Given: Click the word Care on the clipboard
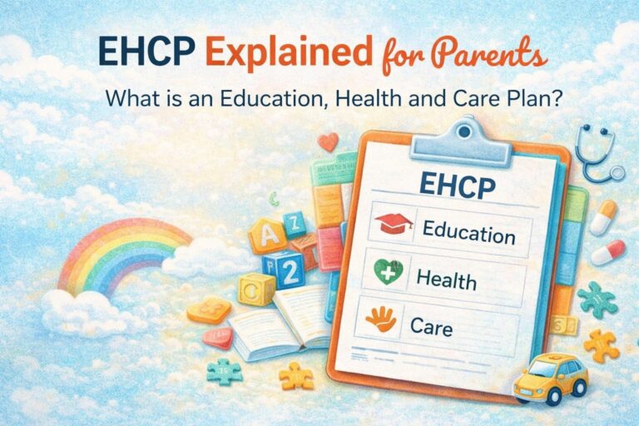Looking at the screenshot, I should pos(432,325).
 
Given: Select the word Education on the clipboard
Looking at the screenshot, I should pos(468,231).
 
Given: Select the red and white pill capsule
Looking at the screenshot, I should pos(609,252).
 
